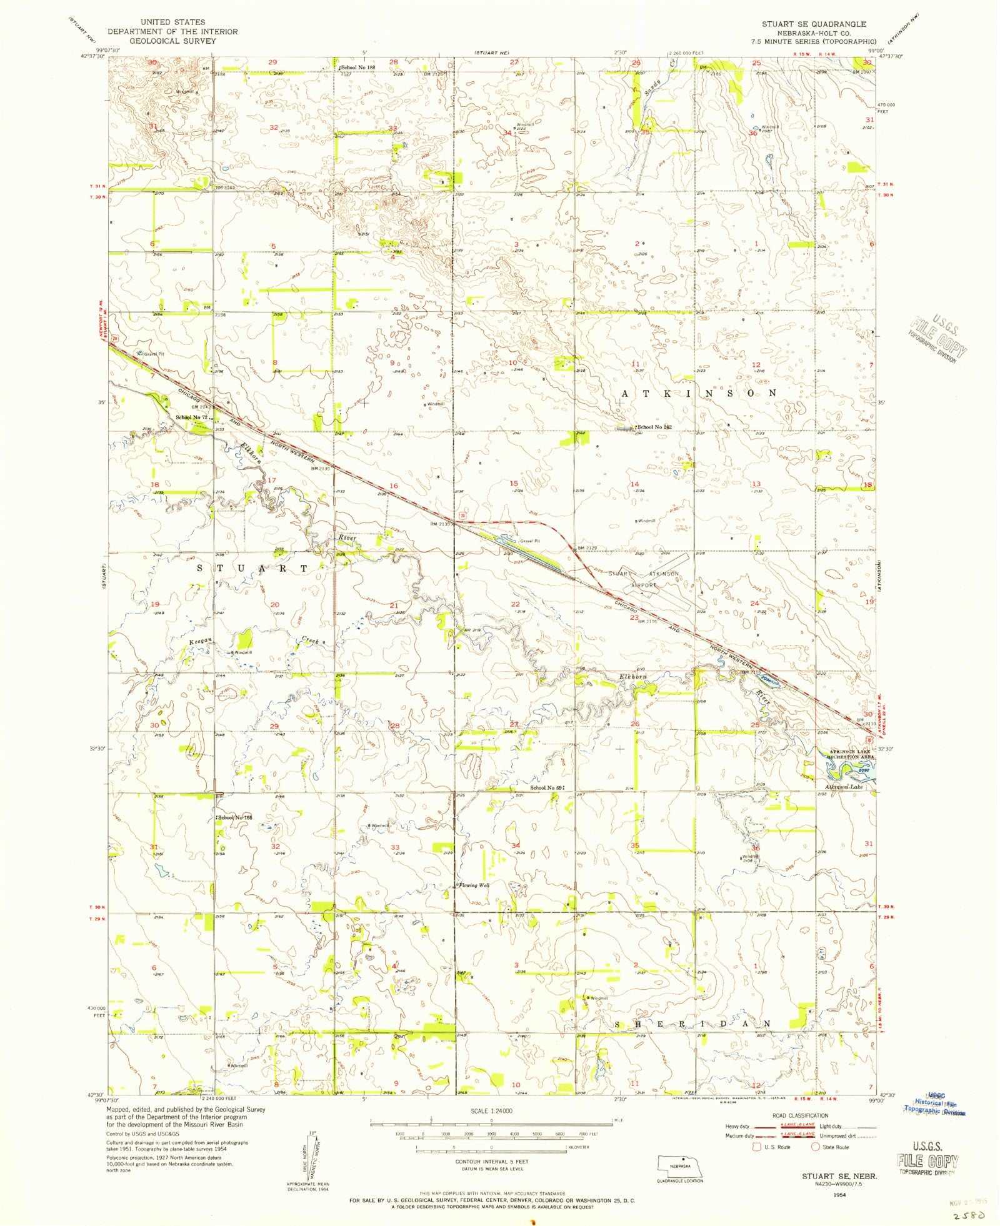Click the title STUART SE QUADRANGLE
813,24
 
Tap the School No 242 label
654,427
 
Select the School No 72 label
191,417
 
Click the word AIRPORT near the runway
644,585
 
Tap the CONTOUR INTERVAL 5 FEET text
494,1161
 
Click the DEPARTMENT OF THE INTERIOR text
172,32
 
